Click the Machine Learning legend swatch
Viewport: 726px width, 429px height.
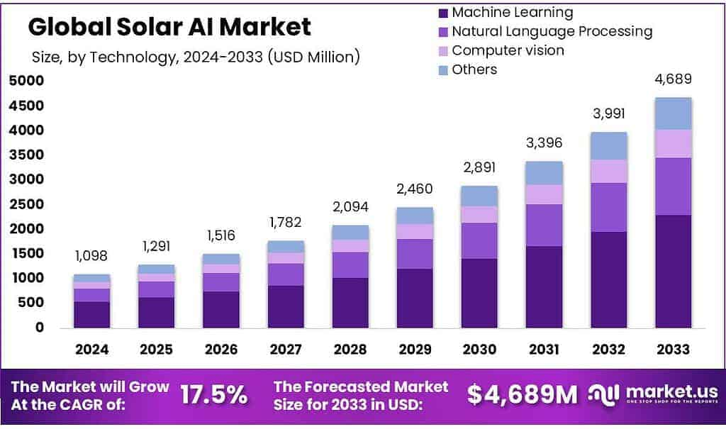(x=444, y=13)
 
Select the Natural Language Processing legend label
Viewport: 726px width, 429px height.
(x=552, y=31)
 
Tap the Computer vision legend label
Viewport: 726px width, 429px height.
(x=508, y=50)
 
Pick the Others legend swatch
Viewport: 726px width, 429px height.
(x=444, y=69)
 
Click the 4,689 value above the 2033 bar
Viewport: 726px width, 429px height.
(x=674, y=79)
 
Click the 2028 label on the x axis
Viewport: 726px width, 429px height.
(x=350, y=349)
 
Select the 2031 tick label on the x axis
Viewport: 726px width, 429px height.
(x=544, y=349)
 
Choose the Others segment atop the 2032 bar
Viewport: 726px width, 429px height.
(x=609, y=145)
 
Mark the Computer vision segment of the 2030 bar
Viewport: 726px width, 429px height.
(x=480, y=214)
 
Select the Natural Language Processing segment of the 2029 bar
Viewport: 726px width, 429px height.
(x=415, y=254)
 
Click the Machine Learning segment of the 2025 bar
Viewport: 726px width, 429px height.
(x=157, y=312)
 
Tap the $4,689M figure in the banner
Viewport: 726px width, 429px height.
(x=523, y=395)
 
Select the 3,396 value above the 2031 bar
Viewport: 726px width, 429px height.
(x=544, y=143)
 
